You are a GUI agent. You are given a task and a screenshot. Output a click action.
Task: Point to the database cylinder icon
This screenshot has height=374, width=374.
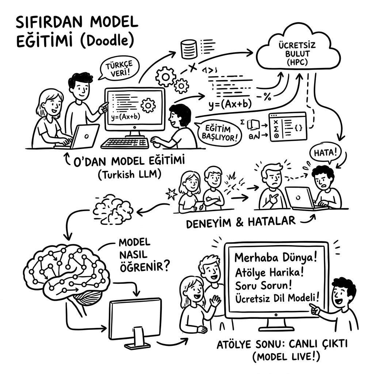pos(189,49)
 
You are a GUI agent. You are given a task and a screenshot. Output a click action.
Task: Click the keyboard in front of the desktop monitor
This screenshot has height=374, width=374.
pos(125,143)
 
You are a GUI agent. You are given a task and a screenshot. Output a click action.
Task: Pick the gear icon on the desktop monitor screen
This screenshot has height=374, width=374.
pos(148,105)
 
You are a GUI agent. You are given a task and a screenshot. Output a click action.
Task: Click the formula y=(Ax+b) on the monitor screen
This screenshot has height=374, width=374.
pos(126,117)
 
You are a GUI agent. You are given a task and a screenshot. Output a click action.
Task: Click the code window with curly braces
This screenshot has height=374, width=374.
pos(288,127)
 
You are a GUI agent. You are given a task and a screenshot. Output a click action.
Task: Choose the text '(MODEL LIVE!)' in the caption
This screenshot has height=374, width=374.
pos(286,357)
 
